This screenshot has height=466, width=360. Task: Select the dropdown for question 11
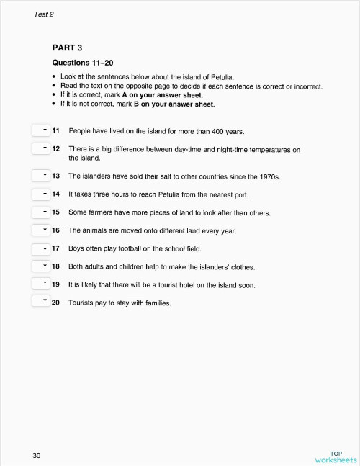pos(40,131)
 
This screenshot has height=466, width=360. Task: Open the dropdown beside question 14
pos(40,194)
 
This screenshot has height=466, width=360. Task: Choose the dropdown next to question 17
pos(40,248)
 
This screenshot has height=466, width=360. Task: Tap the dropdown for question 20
pos(40,303)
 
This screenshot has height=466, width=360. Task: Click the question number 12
pos(55,149)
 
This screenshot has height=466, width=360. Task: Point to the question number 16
pos(55,230)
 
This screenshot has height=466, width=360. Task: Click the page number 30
pos(36,455)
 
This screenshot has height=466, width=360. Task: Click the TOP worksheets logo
pos(336,456)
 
